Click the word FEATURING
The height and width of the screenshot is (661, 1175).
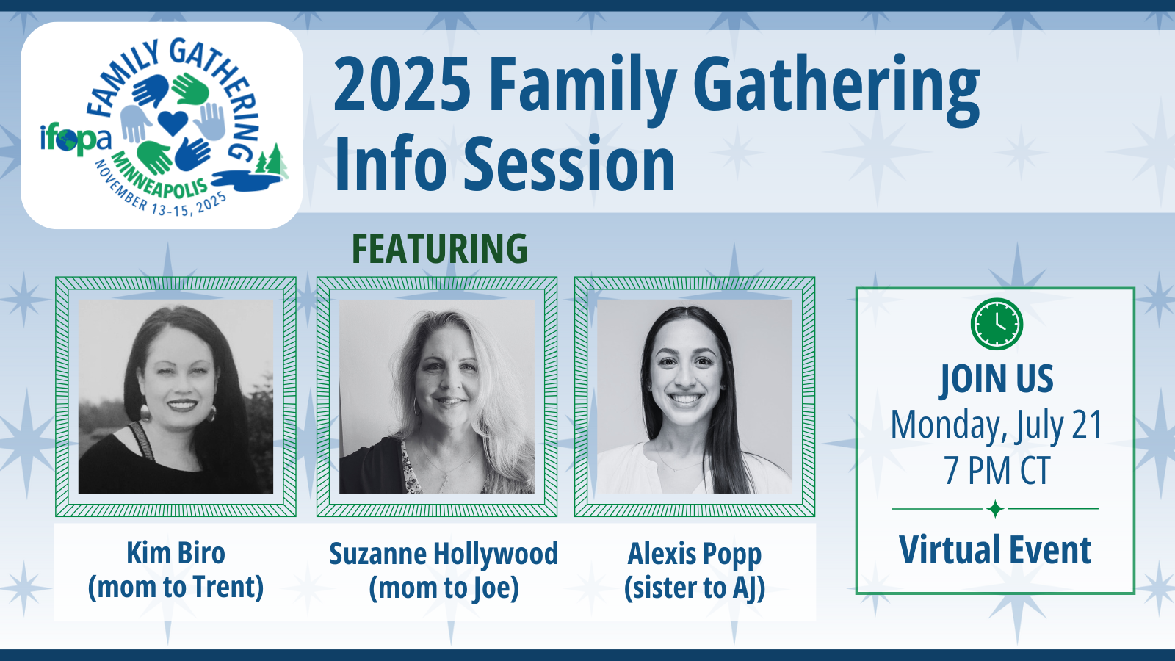440,249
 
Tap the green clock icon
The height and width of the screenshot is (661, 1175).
996,324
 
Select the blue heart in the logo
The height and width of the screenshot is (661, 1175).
173,123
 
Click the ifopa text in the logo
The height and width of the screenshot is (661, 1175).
76,140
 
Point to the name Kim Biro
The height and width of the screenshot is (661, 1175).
176,553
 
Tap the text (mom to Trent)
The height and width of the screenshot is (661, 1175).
176,587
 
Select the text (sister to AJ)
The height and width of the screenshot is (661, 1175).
695,588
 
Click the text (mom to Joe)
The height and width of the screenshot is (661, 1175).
444,588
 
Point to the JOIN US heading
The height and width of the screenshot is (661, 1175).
996,379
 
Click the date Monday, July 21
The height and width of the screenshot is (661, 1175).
996,426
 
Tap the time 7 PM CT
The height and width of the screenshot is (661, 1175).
996,471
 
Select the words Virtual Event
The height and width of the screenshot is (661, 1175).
995,550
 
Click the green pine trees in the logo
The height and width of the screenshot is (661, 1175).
272,159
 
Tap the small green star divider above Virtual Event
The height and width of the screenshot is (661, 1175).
995,509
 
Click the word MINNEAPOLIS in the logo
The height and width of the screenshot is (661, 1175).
160,177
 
